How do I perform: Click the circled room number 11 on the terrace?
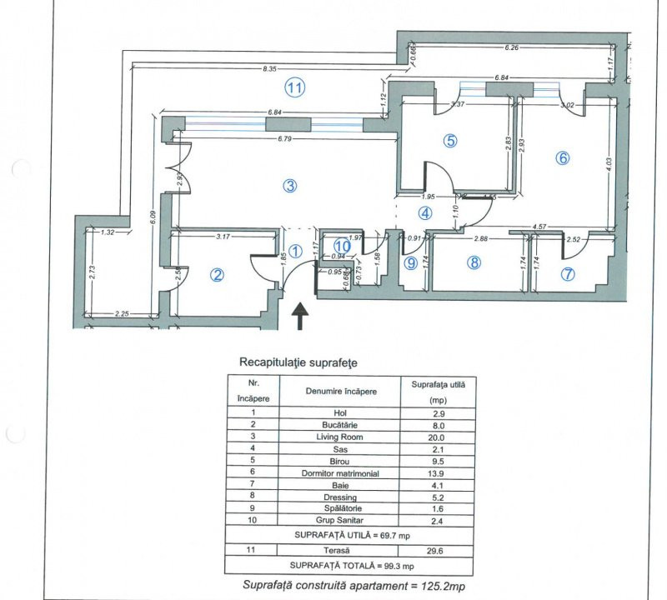293,85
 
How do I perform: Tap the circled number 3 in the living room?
289,186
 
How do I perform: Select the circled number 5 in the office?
450,141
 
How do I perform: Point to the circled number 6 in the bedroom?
563,157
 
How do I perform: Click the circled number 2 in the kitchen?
217,275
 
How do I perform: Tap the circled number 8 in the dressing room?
474,263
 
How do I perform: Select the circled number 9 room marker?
410,263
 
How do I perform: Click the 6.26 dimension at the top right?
512,48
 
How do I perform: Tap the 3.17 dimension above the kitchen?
222,237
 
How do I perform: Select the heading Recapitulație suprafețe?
298,362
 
